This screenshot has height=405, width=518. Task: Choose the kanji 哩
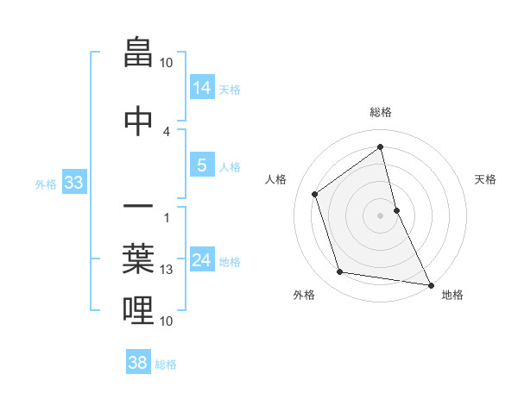point(138,309)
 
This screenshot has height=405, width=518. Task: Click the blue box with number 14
point(202,88)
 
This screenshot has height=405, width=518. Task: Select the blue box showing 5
point(202,166)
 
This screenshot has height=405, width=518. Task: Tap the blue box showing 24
point(202,260)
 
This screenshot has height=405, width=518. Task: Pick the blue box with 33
point(73,183)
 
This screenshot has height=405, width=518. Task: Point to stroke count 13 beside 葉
point(167,270)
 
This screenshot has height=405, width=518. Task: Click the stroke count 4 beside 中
point(167,131)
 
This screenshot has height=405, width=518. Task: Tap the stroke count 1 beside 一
point(167,216)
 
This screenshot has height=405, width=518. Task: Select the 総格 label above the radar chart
point(380,112)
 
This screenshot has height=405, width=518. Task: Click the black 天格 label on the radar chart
point(485,179)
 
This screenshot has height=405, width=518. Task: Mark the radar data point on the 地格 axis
point(430,284)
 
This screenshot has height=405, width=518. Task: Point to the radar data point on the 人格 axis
point(315,194)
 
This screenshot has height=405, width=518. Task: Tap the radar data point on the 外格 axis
point(340,272)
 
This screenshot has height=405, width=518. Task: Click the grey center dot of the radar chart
point(380,215)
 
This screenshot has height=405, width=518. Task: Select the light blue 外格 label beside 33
point(46,184)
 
